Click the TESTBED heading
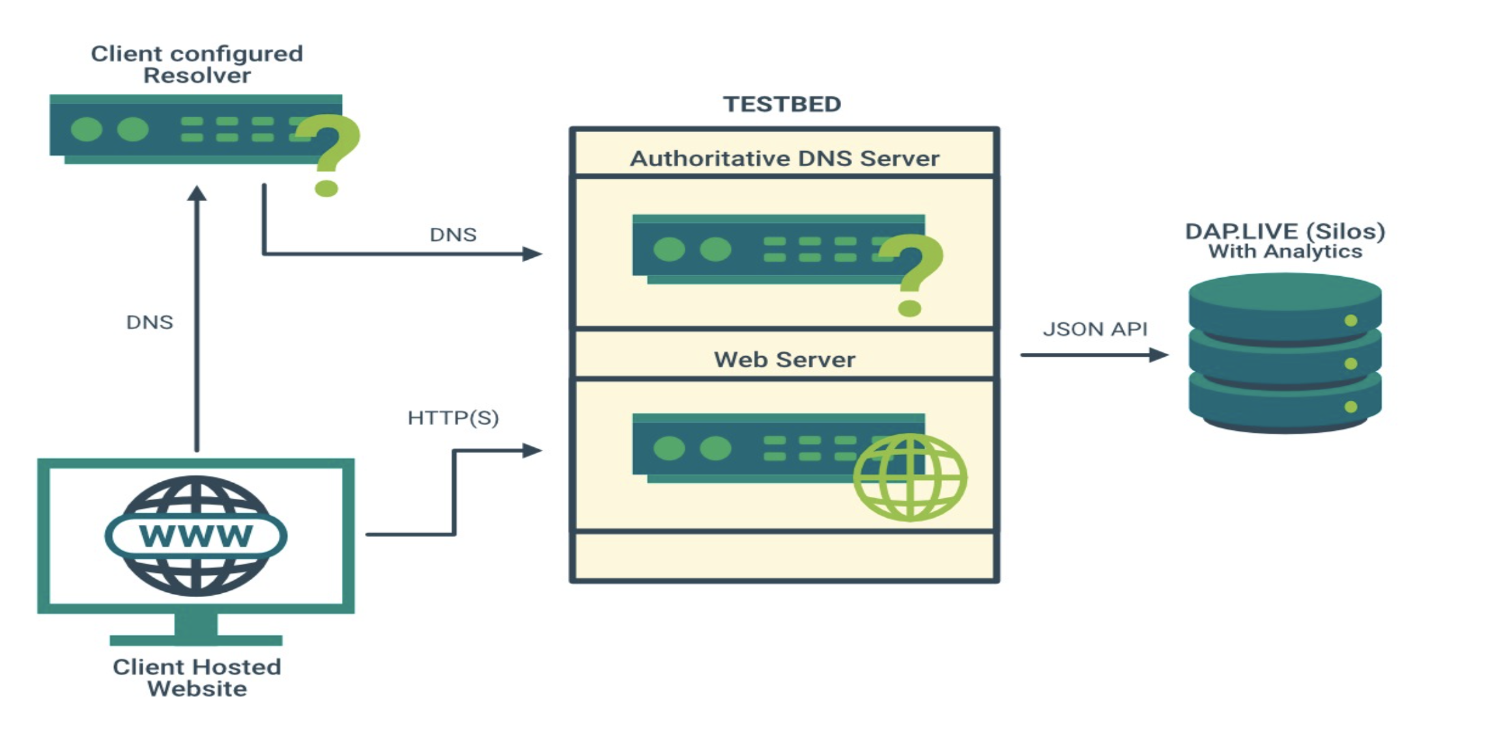click(x=782, y=104)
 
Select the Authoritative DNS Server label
click(x=784, y=158)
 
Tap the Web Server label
click(x=784, y=359)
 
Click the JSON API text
click(x=1095, y=329)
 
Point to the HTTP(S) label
click(x=453, y=417)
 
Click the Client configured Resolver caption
click(x=197, y=64)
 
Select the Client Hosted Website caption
click(x=197, y=677)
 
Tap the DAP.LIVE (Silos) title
click(x=1285, y=231)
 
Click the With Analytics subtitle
click(x=1285, y=251)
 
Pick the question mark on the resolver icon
click(x=329, y=153)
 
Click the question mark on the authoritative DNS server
click(x=912, y=273)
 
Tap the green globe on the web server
click(x=910, y=477)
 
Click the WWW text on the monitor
click(x=196, y=536)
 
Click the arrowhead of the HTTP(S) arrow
click(x=532, y=450)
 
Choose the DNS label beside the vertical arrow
click(x=149, y=322)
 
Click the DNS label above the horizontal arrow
click(x=453, y=234)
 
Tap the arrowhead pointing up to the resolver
click(x=197, y=194)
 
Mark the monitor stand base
click(x=196, y=640)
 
